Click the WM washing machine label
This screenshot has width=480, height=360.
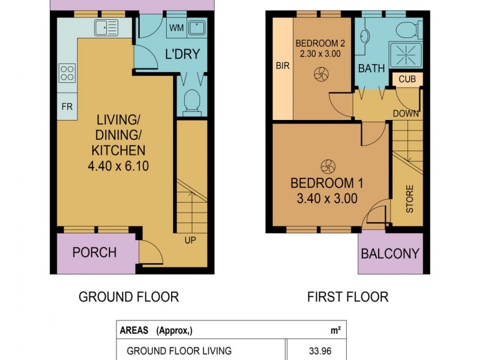[176, 28]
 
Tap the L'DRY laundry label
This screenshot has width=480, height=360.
[182, 54]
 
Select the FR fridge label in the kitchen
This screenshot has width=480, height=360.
[67, 107]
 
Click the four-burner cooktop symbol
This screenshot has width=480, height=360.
[67, 73]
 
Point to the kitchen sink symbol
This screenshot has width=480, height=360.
[106, 28]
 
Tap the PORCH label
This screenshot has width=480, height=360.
[95, 253]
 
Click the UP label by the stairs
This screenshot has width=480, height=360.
[190, 241]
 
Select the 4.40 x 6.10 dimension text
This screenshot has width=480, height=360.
[118, 166]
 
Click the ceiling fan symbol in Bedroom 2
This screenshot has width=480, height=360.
[322, 74]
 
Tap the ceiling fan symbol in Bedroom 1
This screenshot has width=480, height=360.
[328, 167]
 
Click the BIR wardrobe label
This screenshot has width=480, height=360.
[283, 65]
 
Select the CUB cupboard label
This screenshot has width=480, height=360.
[407, 79]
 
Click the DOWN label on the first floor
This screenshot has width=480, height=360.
[406, 113]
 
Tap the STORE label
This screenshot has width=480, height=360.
[410, 199]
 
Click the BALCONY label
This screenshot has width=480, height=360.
[390, 254]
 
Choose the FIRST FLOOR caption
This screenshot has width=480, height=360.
[348, 297]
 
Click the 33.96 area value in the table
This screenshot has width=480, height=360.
[320, 351]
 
